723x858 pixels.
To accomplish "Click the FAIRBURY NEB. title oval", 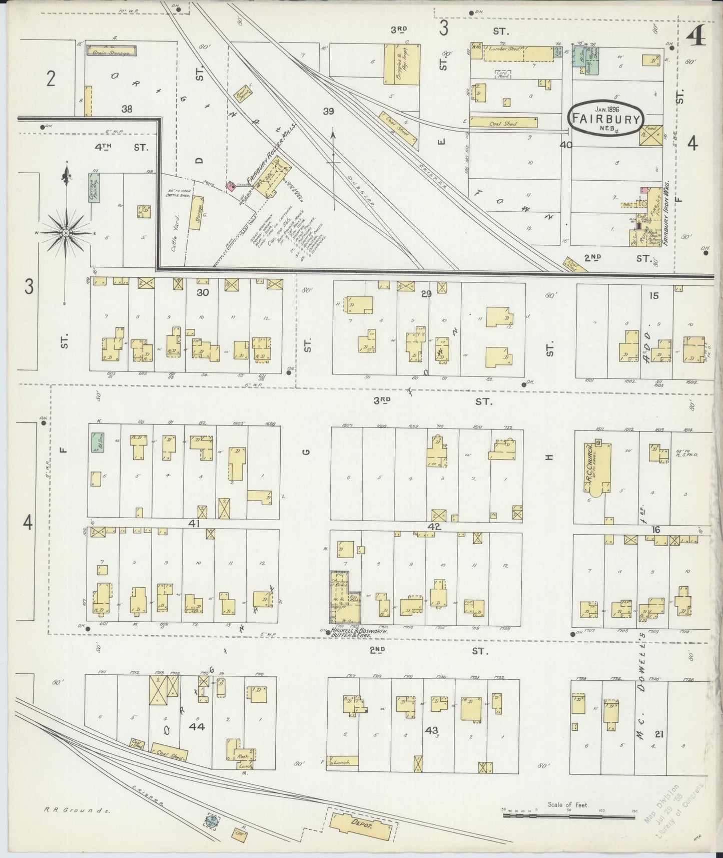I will [606, 118].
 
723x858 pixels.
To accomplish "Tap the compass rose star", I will [66, 233].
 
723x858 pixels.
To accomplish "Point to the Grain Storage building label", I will [112, 51].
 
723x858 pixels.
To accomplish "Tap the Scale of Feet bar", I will [568, 815].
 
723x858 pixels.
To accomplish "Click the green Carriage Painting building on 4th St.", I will [94, 188].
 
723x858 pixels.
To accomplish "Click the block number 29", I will [426, 294].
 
